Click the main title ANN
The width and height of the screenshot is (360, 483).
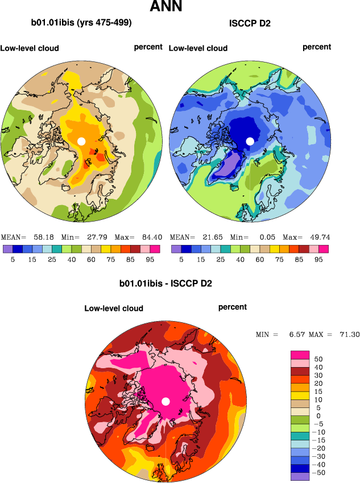point(166,7)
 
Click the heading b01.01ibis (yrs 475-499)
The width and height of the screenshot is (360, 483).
point(81,23)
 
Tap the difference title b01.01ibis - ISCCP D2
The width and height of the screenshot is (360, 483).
point(165,283)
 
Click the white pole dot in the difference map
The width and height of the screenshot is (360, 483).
point(166,402)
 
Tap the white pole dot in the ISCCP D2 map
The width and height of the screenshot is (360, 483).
point(250,141)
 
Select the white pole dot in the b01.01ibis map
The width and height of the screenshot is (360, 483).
point(81,141)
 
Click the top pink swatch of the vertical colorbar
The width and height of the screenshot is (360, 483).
point(300,355)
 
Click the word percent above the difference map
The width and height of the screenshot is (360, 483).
point(233,307)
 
